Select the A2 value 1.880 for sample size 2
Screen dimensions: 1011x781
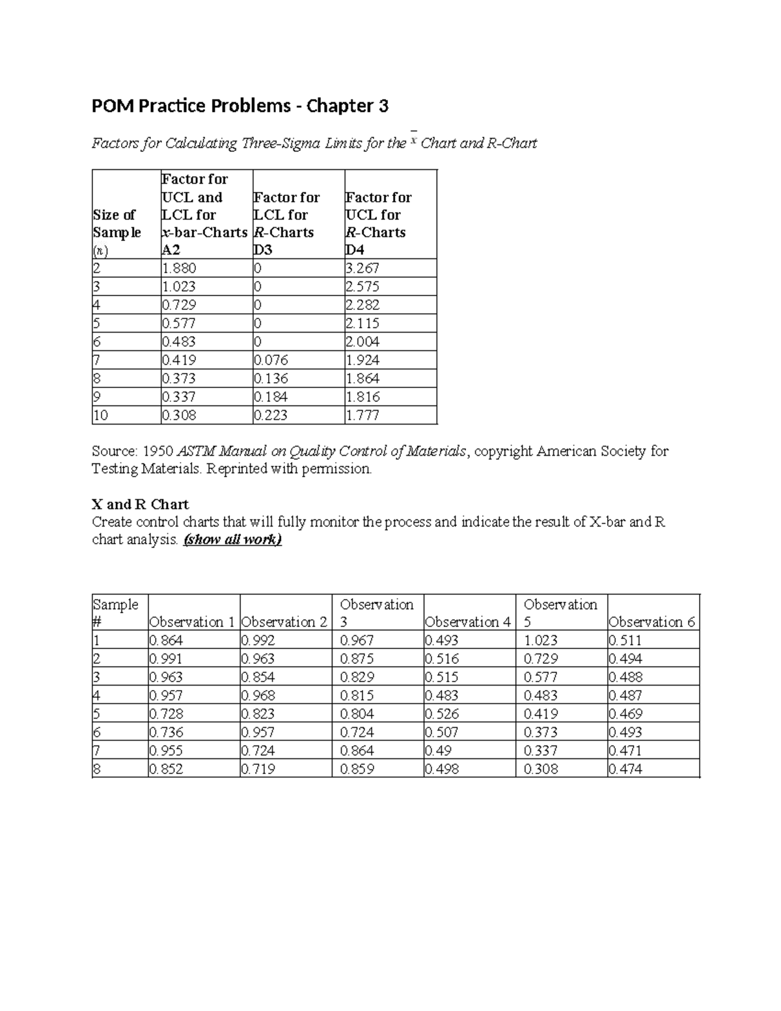pyautogui.click(x=179, y=268)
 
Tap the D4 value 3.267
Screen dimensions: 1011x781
pyautogui.click(x=363, y=268)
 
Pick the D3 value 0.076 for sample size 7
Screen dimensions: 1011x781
pyautogui.click(x=271, y=360)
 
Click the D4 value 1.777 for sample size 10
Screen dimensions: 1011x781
pyautogui.click(x=363, y=415)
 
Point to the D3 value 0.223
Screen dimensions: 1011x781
pyautogui.click(x=271, y=415)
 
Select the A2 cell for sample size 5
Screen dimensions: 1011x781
pyautogui.click(x=179, y=324)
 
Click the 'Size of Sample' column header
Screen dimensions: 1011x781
pyautogui.click(x=116, y=223)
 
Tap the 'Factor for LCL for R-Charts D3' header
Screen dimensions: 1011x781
pyautogui.click(x=286, y=223)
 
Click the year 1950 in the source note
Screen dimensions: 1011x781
pyautogui.click(x=158, y=451)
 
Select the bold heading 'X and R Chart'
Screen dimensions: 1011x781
pyautogui.click(x=141, y=505)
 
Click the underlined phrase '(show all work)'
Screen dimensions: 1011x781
pyautogui.click(x=232, y=540)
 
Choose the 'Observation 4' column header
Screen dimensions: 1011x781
pyautogui.click(x=467, y=622)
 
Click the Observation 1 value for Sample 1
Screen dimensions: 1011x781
pyautogui.click(x=166, y=641)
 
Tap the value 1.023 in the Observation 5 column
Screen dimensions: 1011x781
pyautogui.click(x=540, y=641)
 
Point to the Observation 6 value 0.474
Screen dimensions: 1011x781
pyautogui.click(x=625, y=769)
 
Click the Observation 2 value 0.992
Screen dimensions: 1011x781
pyautogui.click(x=258, y=641)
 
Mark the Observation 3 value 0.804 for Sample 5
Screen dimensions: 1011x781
pyautogui.click(x=357, y=714)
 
